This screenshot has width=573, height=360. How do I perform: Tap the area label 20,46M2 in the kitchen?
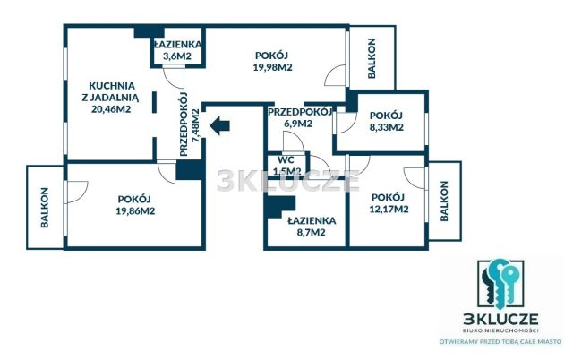click(111, 109)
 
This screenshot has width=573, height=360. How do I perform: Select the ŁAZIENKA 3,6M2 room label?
click(175, 50)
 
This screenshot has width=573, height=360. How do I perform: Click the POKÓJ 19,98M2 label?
click(272, 60)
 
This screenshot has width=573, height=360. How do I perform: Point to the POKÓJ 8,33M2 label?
click(387, 121)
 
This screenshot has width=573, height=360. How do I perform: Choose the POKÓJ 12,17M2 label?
click(390, 203)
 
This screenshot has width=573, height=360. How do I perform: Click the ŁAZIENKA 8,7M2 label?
click(305, 226)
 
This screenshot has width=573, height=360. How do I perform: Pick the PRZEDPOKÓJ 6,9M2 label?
click(299, 117)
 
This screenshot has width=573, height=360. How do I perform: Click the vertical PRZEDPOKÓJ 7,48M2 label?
click(189, 125)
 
